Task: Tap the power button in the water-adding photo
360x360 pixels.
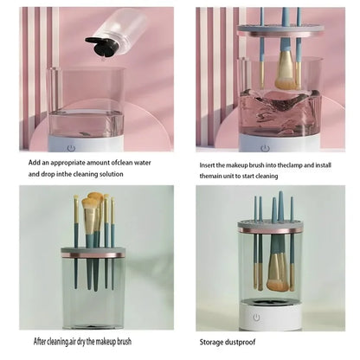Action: [x=72, y=147]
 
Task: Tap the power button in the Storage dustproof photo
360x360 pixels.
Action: [x=256, y=317]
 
